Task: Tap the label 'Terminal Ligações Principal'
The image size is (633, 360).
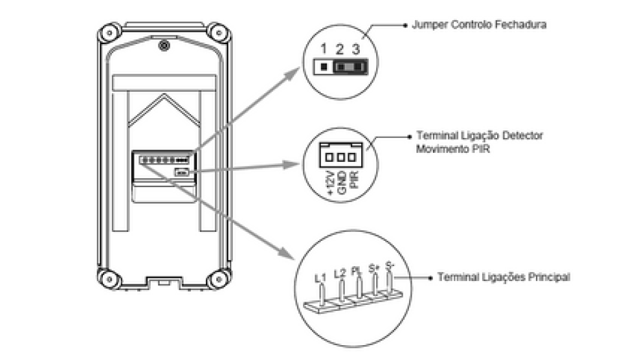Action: pyautogui.click(x=504, y=277)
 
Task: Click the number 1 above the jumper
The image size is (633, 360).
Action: pyautogui.click(x=322, y=49)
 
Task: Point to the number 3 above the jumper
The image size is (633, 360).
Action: pyautogui.click(x=355, y=49)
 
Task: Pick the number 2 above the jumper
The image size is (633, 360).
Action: pyautogui.click(x=339, y=49)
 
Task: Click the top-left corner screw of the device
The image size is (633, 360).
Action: pyautogui.click(x=107, y=32)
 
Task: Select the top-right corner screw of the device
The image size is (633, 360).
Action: pyautogui.click(x=215, y=32)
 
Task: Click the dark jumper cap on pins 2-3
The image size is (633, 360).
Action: pyautogui.click(x=348, y=66)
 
